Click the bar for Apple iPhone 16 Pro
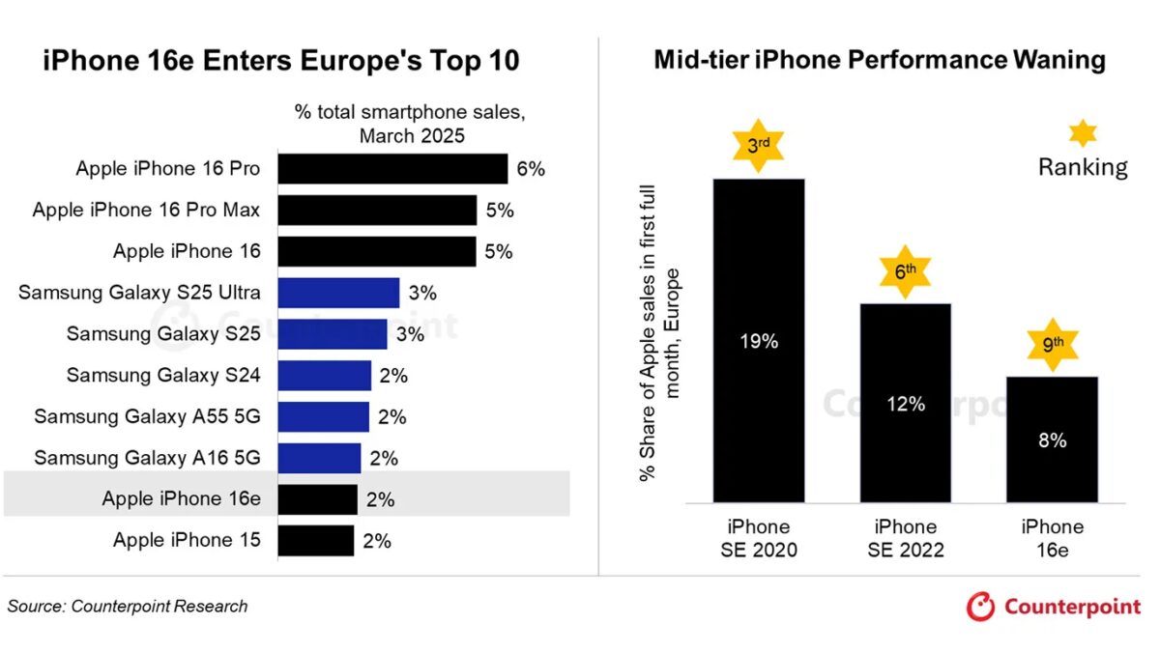click(x=392, y=169)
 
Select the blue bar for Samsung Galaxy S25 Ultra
click(x=338, y=293)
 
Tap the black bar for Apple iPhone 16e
click(x=318, y=499)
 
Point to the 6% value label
click(x=531, y=169)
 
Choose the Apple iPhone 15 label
click(x=187, y=540)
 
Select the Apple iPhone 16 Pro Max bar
click(x=377, y=210)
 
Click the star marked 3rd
click(x=759, y=146)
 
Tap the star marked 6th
click(x=906, y=272)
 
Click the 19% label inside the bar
click(x=759, y=342)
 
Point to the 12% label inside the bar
click(x=906, y=404)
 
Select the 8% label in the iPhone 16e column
click(x=1053, y=440)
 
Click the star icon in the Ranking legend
click(x=1084, y=133)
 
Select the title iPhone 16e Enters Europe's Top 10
click(x=281, y=61)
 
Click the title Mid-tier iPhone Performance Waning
click(x=880, y=60)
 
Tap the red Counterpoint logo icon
click(x=980, y=607)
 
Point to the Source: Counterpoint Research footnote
click(x=128, y=607)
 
